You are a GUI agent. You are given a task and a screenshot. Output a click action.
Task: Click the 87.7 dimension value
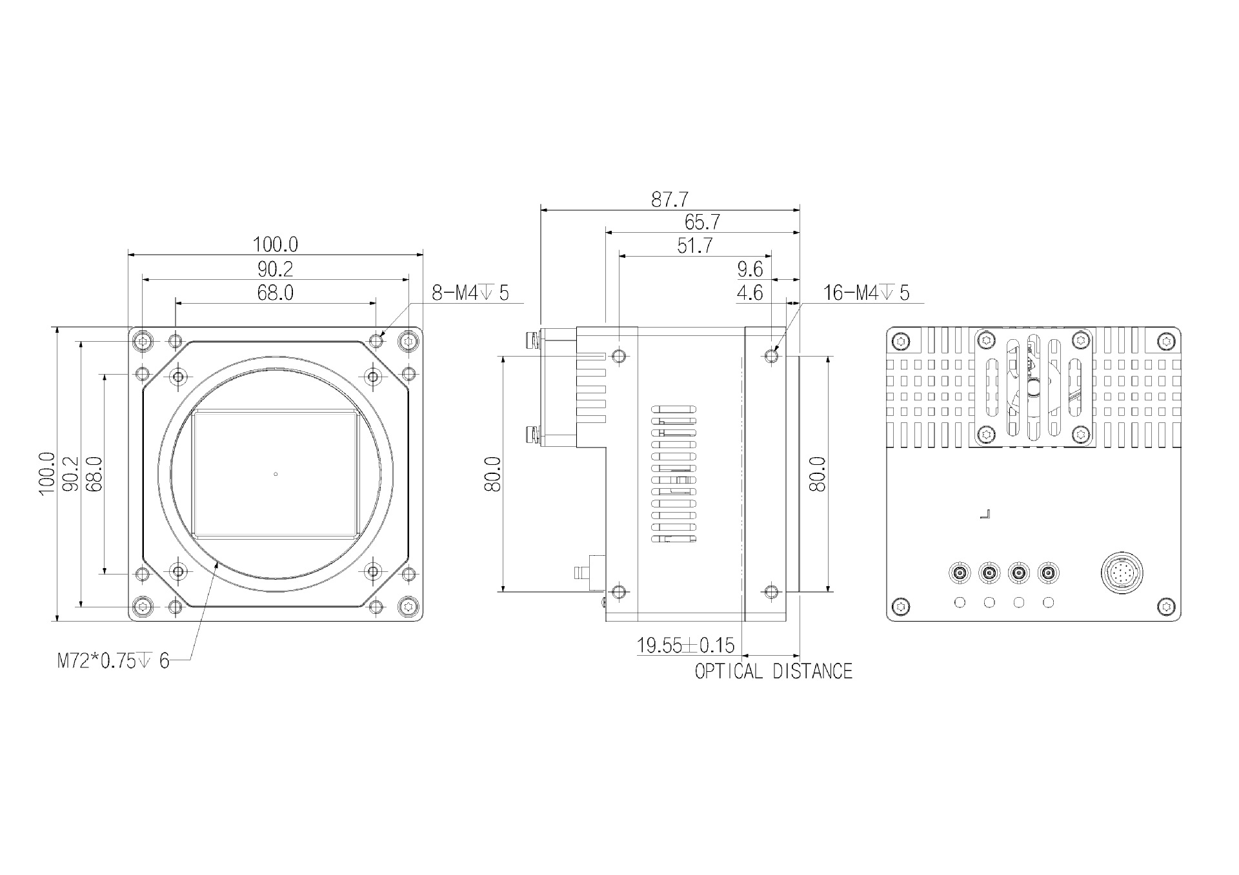[x=669, y=200]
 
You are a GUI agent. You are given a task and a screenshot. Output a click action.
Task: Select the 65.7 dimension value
[x=702, y=222]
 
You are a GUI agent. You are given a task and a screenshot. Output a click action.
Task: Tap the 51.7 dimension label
[x=694, y=246]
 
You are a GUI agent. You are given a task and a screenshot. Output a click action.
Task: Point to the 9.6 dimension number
[x=750, y=269]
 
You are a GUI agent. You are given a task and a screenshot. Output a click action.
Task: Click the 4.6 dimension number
[x=750, y=293]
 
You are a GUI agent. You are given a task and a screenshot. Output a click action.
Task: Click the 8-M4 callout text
[x=470, y=293]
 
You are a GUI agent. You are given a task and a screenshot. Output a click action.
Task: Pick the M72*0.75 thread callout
[x=114, y=661]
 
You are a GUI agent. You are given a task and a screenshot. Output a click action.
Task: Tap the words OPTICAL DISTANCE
[x=774, y=671]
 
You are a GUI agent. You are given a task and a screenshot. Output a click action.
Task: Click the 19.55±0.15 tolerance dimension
[x=685, y=645]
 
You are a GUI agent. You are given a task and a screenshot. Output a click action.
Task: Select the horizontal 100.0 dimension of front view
[x=275, y=244]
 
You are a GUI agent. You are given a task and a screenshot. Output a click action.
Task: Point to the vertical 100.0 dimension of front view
[x=46, y=473]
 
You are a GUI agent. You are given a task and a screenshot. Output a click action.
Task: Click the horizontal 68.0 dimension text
[x=275, y=293]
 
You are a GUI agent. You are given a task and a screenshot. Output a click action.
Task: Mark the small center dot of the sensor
[x=276, y=475]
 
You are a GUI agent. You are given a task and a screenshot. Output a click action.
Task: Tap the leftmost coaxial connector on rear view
[x=960, y=573]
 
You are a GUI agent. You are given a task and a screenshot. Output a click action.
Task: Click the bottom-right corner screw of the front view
[x=408, y=606]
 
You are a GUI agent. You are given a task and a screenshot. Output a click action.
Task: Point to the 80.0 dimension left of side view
[x=492, y=473]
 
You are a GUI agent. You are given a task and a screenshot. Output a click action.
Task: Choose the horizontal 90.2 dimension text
[x=275, y=269]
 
